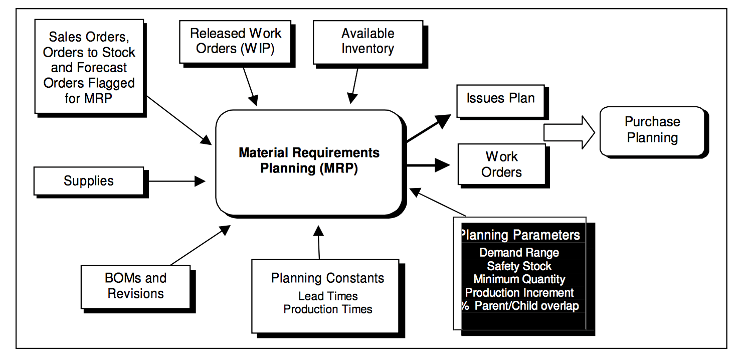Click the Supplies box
[x=89, y=181]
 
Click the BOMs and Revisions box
[x=135, y=286]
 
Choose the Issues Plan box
[x=500, y=99]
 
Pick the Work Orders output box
[x=501, y=164]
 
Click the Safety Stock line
[x=519, y=266]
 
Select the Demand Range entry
[x=519, y=253]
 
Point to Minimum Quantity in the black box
[x=519, y=279]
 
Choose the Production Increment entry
[x=519, y=293]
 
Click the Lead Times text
[x=328, y=296]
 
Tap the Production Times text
[x=328, y=309]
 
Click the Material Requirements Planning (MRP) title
[x=309, y=160]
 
